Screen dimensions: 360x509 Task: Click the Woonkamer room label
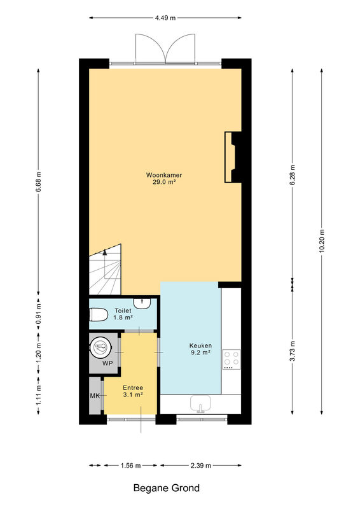(x=164, y=175)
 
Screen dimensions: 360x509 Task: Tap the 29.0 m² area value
(x=164, y=182)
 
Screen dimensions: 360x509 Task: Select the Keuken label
(x=200, y=345)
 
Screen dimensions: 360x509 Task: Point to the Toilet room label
(x=123, y=310)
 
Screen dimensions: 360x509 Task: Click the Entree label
(x=133, y=387)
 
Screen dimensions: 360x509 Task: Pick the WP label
(x=107, y=363)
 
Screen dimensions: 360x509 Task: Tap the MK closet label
(x=95, y=396)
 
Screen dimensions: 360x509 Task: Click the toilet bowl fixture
(x=99, y=314)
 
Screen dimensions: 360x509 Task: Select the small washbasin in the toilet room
(x=142, y=303)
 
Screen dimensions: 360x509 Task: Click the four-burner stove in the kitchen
(x=232, y=359)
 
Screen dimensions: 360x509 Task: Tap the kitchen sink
(x=200, y=403)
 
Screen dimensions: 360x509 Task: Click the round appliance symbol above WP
(x=101, y=347)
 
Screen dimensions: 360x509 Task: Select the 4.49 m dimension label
(x=165, y=18)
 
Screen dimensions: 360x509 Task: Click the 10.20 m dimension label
(x=321, y=241)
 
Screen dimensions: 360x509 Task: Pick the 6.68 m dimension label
(x=38, y=182)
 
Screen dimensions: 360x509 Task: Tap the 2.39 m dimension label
(x=200, y=466)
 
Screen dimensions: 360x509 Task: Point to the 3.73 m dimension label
(x=292, y=351)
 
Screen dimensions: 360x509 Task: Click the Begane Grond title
(x=167, y=488)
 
